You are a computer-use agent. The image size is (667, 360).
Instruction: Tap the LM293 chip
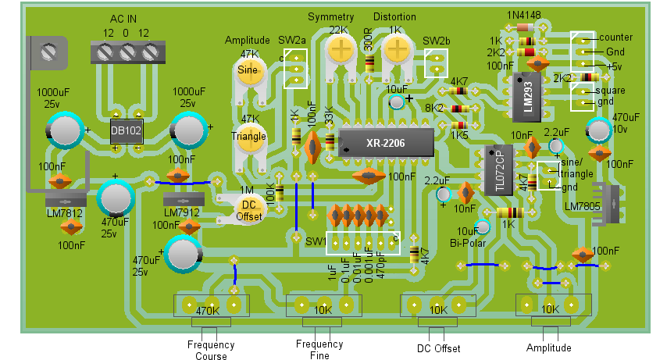(527, 98)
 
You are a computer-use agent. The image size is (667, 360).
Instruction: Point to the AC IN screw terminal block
(127, 52)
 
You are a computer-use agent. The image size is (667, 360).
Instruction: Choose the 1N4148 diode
(526, 27)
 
